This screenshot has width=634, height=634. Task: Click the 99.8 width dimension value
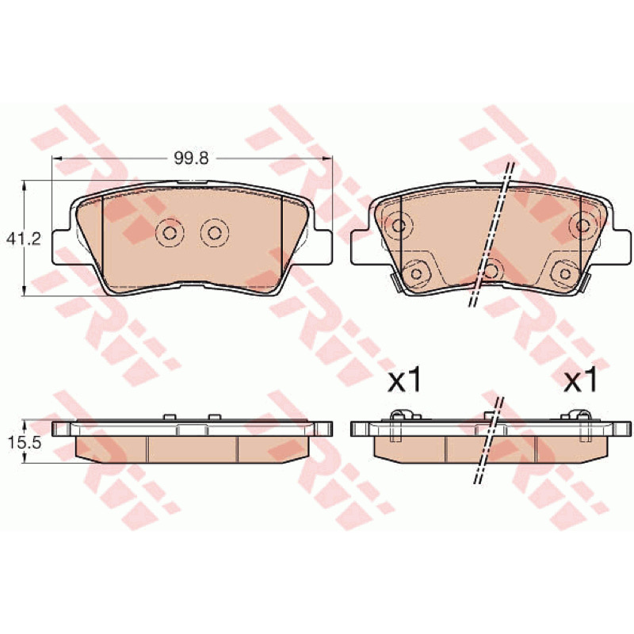tap(191, 158)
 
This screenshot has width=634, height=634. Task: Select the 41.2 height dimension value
tap(24, 239)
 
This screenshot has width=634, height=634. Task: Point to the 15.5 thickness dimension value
tap(24, 443)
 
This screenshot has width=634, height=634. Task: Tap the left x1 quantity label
tap(404, 381)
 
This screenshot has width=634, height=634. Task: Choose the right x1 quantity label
tap(581, 381)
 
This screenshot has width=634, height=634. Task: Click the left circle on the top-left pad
tap(170, 232)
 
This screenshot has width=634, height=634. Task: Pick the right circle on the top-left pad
tap(215, 232)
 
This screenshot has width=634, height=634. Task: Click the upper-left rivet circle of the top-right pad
tap(399, 225)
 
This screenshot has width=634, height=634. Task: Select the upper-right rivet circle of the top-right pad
tap(582, 225)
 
